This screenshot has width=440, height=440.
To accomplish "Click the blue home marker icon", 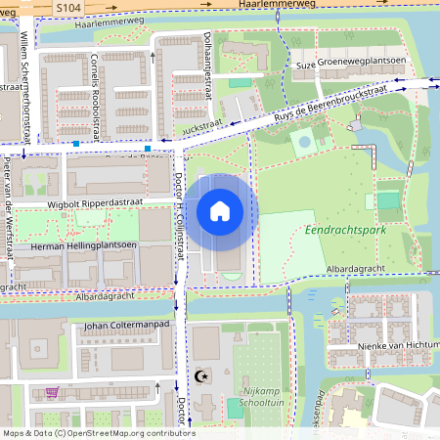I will [220, 211].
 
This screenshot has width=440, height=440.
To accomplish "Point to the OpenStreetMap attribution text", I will [98, 432].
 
